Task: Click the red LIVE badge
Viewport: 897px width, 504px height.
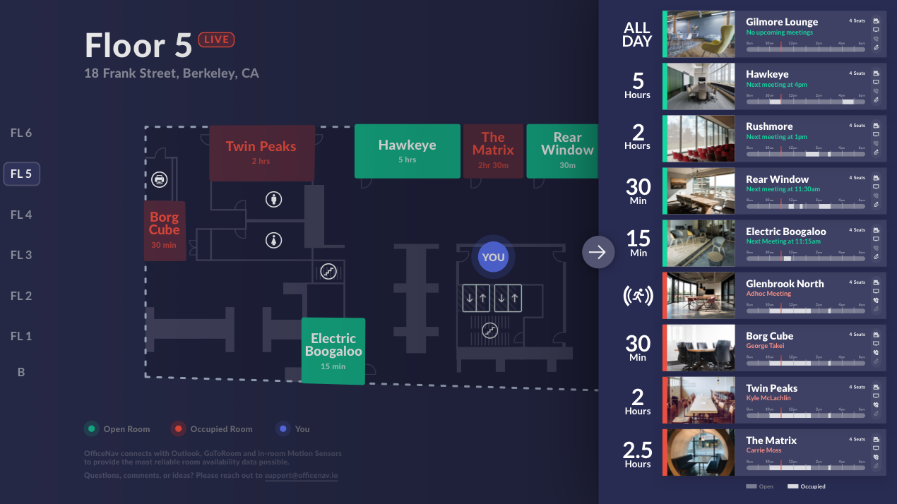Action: tap(216, 40)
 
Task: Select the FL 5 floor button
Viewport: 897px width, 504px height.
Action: tap(21, 174)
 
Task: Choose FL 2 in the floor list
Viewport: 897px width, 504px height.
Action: tap(21, 296)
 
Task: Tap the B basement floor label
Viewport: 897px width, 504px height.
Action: tap(21, 372)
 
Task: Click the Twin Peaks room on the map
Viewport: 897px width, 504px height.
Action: tap(261, 152)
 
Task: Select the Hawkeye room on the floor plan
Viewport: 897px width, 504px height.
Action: tap(407, 150)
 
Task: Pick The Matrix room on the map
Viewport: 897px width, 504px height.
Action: tap(493, 150)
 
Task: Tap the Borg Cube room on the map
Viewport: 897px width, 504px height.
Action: tap(165, 230)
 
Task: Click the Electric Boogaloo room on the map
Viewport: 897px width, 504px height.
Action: tap(333, 350)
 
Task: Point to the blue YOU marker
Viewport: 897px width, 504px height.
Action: tap(493, 257)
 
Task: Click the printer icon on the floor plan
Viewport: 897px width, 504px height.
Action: tap(160, 179)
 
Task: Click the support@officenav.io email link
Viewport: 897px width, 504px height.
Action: tap(301, 476)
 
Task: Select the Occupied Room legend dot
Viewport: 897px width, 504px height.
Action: tap(179, 428)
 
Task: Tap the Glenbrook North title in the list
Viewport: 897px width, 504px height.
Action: tap(785, 284)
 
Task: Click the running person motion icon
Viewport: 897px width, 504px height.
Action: tap(637, 296)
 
